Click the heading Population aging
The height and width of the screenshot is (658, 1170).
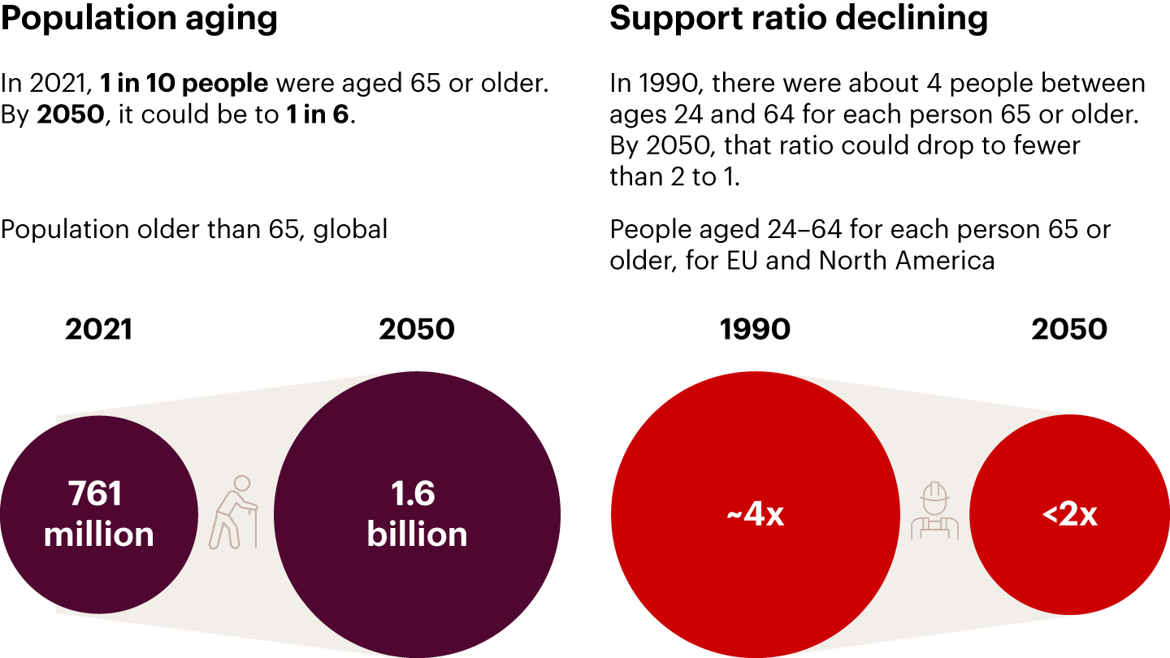pyautogui.click(x=139, y=18)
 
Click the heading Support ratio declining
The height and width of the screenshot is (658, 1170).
pyautogui.click(x=799, y=18)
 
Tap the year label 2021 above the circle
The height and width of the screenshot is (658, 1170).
pyautogui.click(x=99, y=329)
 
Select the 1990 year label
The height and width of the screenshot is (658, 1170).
pyautogui.click(x=755, y=329)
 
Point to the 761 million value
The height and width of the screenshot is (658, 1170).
pyautogui.click(x=99, y=514)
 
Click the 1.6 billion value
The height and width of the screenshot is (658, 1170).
pyautogui.click(x=417, y=514)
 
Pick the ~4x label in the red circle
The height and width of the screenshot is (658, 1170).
pyautogui.click(x=755, y=515)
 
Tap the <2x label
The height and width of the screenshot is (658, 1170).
pyautogui.click(x=1070, y=515)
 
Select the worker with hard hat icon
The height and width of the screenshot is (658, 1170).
pyautogui.click(x=934, y=512)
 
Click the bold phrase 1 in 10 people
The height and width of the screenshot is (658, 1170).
pyautogui.click(x=184, y=83)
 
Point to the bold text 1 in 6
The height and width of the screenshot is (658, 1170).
pyautogui.click(x=317, y=115)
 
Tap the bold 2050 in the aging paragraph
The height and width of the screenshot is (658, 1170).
pyautogui.click(x=71, y=115)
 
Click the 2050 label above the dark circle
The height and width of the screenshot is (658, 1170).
pyautogui.click(x=417, y=329)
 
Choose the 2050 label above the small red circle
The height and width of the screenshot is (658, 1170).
pyautogui.click(x=1069, y=329)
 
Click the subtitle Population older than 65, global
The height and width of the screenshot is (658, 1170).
pyautogui.click(x=194, y=229)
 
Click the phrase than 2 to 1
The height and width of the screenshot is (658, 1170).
pyautogui.click(x=675, y=177)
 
